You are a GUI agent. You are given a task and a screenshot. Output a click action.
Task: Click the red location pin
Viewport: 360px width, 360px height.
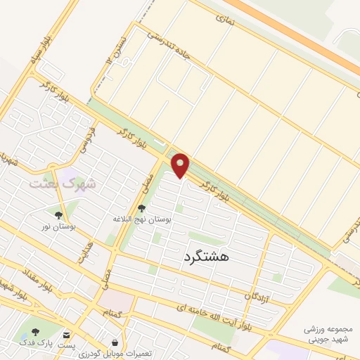(181, 165)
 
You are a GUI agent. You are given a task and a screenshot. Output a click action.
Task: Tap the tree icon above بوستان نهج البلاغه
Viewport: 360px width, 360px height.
(143, 207)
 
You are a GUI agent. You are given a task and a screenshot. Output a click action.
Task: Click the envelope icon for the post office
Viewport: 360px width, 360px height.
(66, 335)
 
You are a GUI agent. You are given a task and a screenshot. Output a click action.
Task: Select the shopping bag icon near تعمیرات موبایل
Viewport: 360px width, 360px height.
(115, 342)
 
